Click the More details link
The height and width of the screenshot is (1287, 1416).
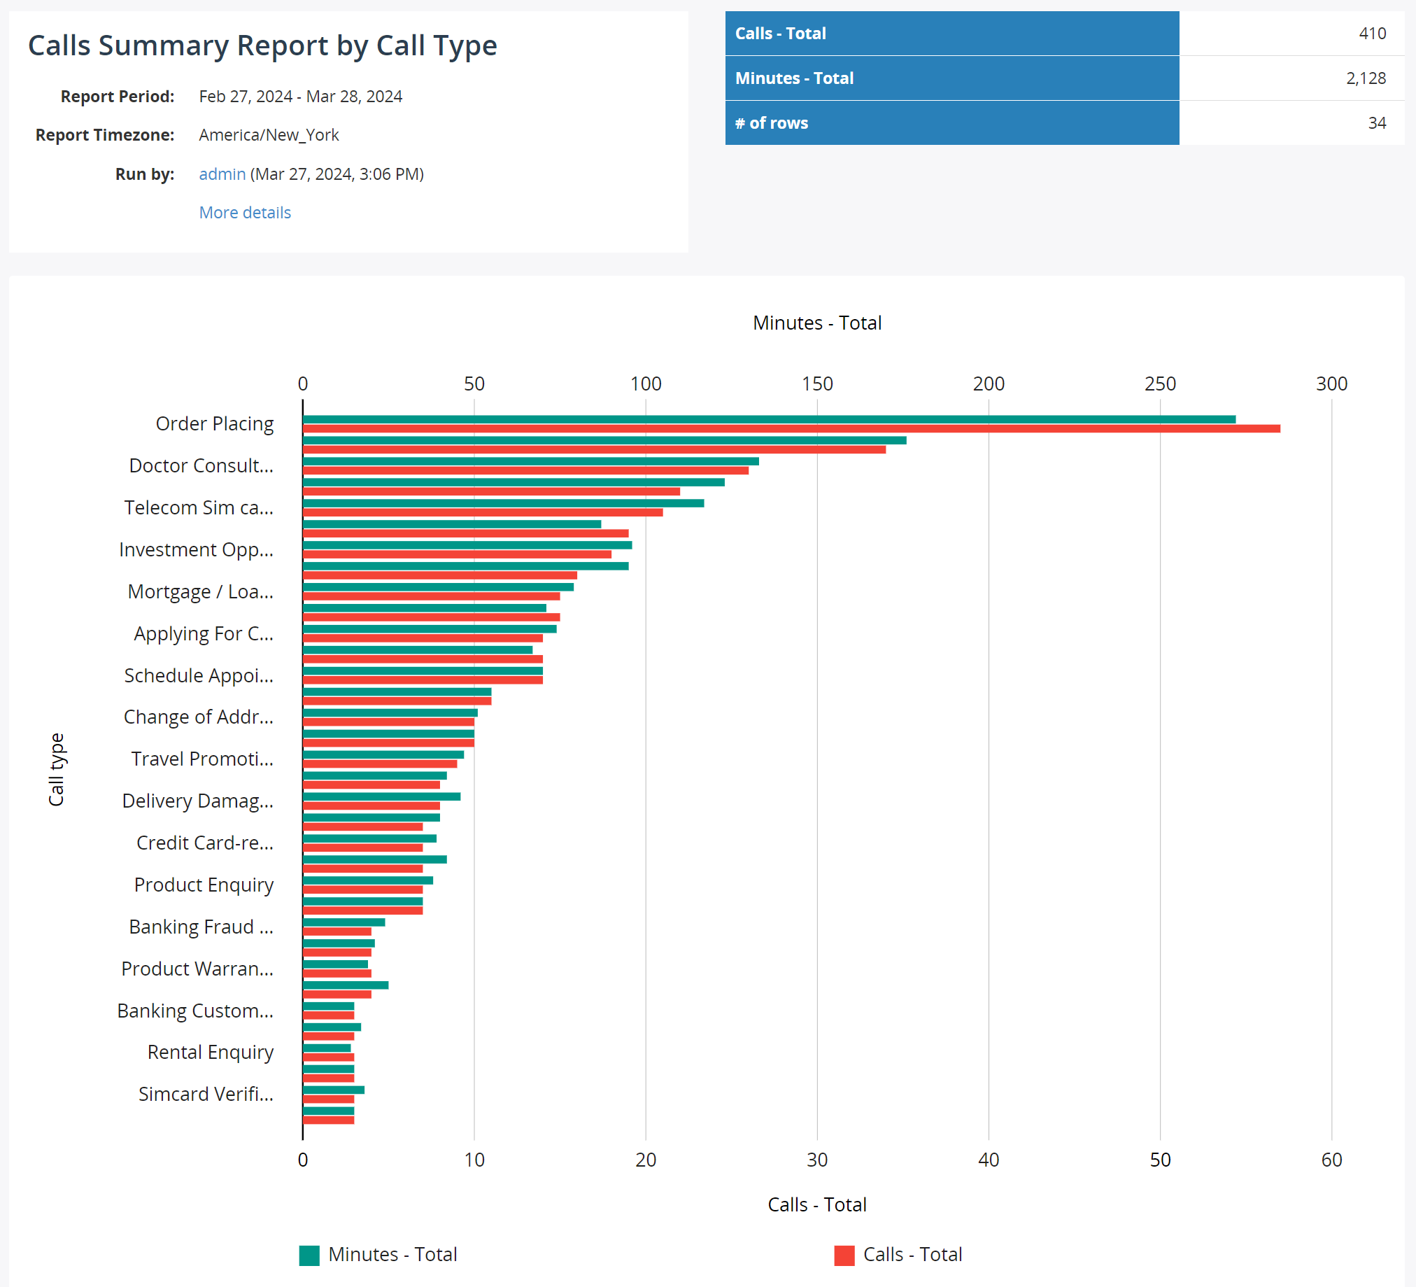(x=244, y=212)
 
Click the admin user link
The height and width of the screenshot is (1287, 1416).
(x=222, y=174)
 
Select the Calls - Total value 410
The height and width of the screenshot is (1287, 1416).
(x=1371, y=33)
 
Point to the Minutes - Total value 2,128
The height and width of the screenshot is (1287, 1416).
(x=1365, y=78)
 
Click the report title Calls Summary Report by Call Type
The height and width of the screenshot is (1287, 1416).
(x=262, y=45)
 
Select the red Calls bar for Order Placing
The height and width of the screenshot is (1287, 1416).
(x=791, y=428)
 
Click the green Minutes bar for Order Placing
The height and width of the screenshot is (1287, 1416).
(x=768, y=419)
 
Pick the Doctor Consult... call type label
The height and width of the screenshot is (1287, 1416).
(x=201, y=466)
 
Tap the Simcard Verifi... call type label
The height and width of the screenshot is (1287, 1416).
(x=206, y=1094)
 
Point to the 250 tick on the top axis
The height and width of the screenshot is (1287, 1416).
(x=1160, y=384)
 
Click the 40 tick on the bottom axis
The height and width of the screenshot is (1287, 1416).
(x=989, y=1160)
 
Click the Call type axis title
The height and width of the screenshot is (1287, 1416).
(x=56, y=769)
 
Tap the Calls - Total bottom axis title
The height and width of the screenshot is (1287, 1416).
(x=817, y=1204)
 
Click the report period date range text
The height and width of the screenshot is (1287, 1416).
(x=300, y=97)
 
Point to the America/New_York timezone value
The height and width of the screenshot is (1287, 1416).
(x=269, y=135)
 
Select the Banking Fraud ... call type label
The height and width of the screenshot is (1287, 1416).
(x=201, y=927)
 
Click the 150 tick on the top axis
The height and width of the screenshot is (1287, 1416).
(x=817, y=384)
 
